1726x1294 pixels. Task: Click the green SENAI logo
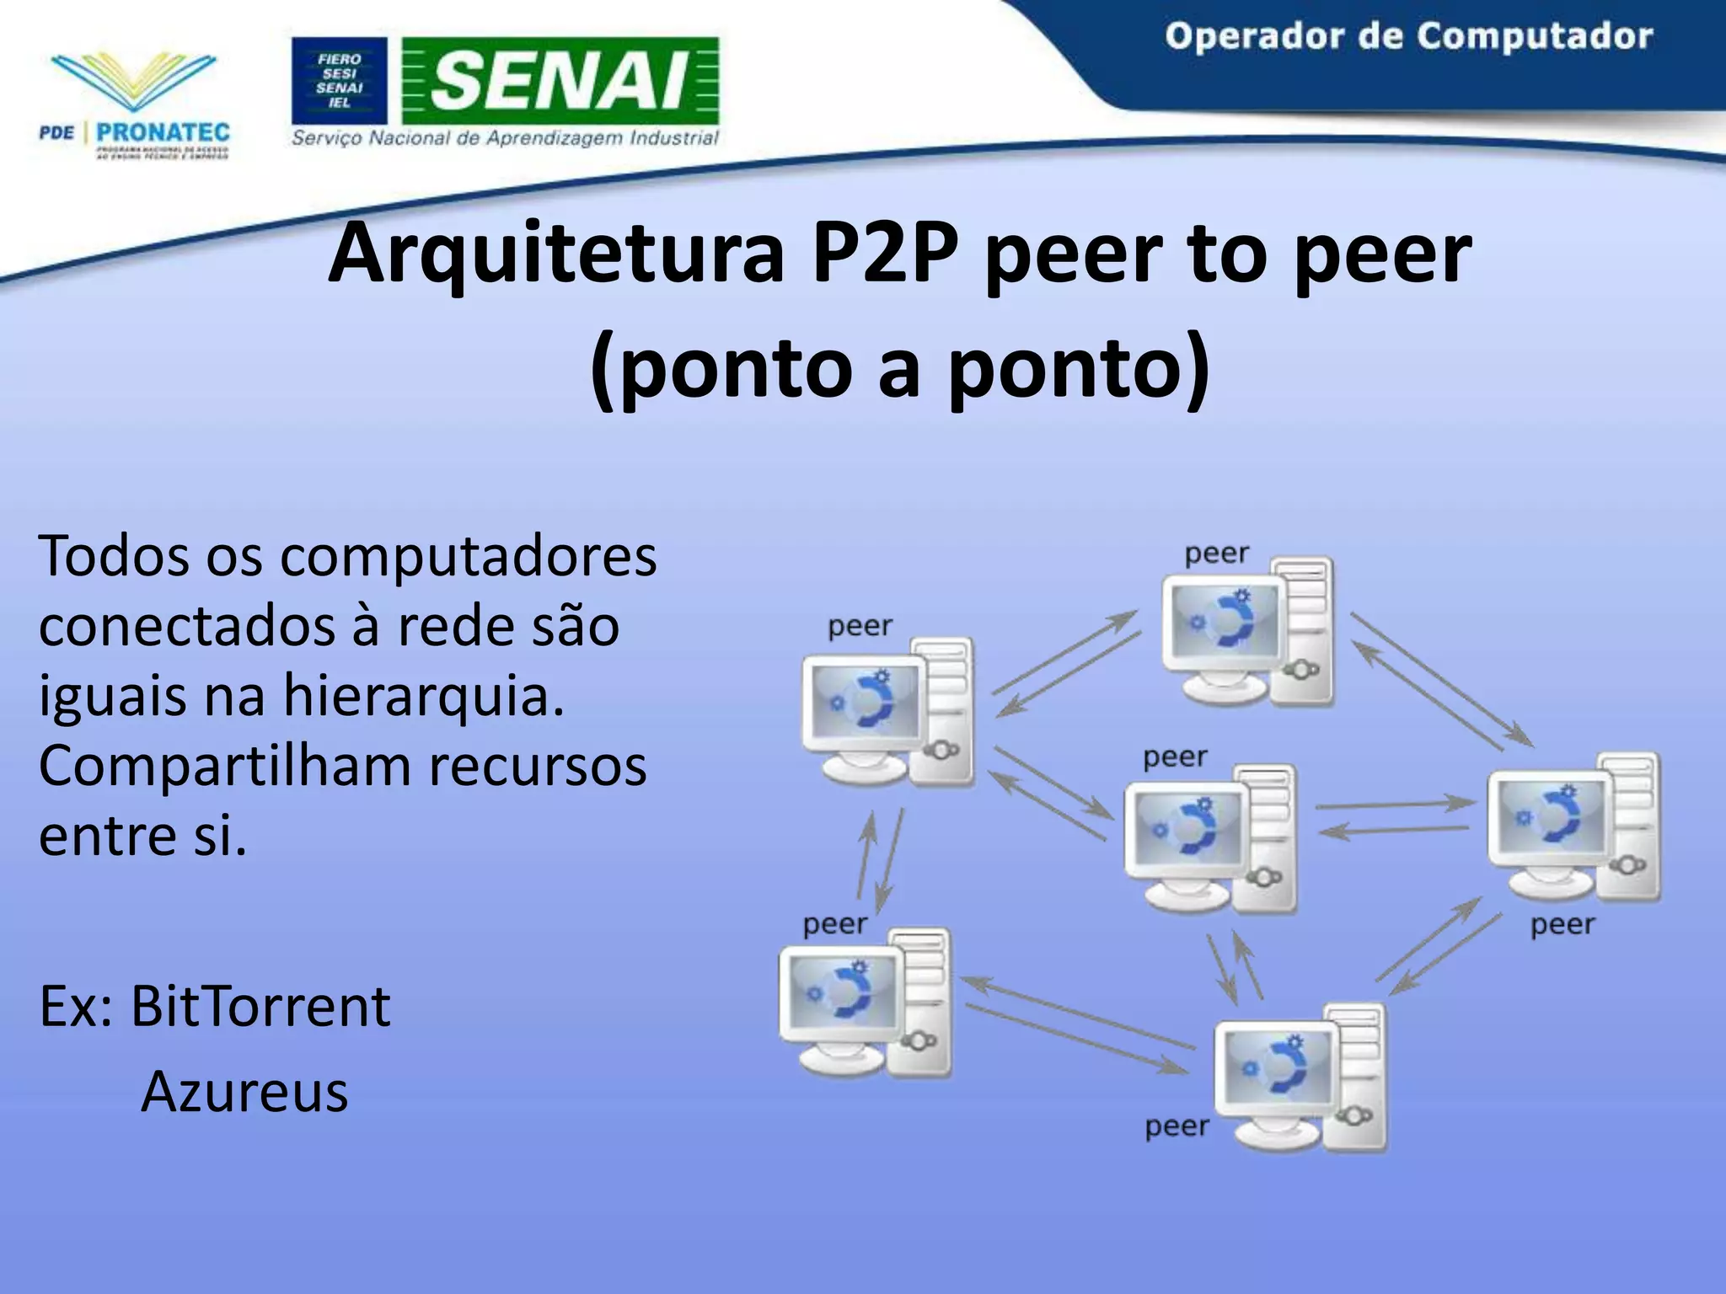560,80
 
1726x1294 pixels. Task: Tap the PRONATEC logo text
163,132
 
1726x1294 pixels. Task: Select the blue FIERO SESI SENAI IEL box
339,80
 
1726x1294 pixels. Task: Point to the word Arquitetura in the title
556,253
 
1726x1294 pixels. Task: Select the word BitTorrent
260,1006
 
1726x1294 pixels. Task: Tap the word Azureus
244,1092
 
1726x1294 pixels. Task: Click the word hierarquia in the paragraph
423,696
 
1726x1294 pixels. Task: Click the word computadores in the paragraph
468,557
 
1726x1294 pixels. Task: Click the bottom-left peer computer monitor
839,994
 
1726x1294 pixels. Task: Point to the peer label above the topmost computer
1216,554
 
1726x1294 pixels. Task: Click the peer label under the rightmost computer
1563,925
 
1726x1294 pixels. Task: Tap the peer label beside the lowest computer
1177,1126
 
